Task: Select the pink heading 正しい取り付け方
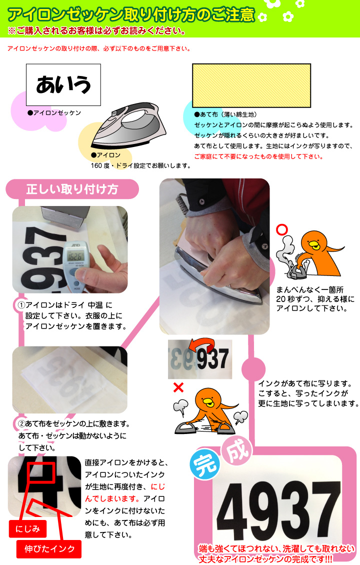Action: [71, 189]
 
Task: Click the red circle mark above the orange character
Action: [282, 230]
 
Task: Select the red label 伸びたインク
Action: [49, 548]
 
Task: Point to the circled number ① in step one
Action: [21, 305]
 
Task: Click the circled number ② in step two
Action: [21, 424]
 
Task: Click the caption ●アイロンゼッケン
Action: [54, 113]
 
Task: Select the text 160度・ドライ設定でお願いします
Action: [140, 165]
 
